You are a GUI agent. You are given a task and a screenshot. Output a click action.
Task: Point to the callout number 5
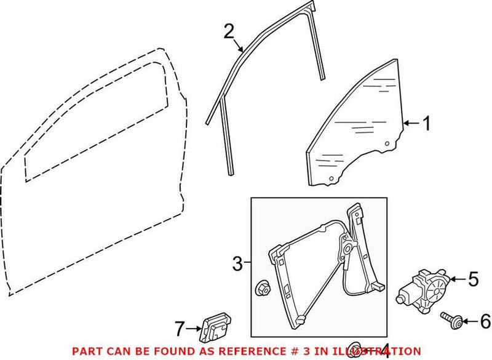(x=473, y=279)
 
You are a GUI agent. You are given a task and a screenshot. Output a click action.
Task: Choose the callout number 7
(x=179, y=329)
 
